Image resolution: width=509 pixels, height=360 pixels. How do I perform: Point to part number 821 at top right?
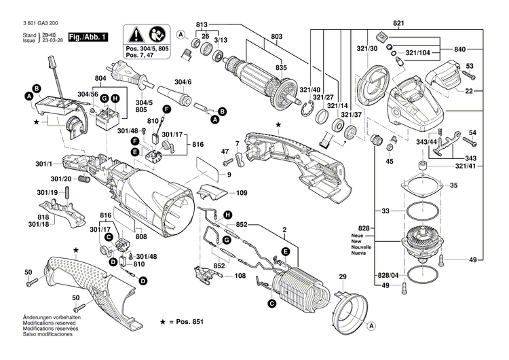pyautogui.click(x=398, y=24)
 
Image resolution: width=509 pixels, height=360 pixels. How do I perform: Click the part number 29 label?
pyautogui.click(x=343, y=277)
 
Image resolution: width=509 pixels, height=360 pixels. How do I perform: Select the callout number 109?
pyautogui.click(x=241, y=194)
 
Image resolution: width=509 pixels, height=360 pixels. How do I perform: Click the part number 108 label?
pyautogui.click(x=240, y=276)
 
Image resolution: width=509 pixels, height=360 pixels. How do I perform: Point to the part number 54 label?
pyautogui.click(x=472, y=132)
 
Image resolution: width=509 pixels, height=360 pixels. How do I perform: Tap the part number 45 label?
pyautogui.click(x=390, y=162)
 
